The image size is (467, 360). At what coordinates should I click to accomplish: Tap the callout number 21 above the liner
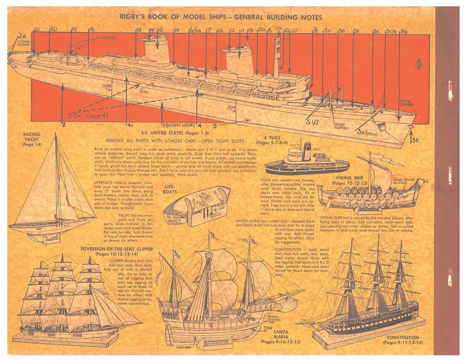coord(37,29)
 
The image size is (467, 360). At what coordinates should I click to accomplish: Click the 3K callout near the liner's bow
coord(415,140)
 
